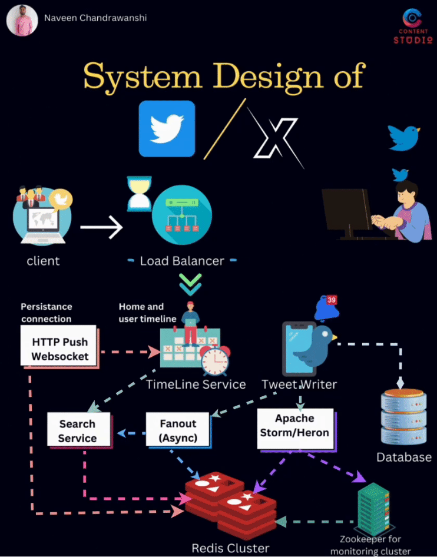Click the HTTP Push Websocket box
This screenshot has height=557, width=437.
[x=61, y=349]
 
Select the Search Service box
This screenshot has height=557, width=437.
[x=77, y=431]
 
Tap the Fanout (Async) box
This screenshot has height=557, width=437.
[x=178, y=431]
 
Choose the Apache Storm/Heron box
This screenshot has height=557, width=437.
[x=294, y=426]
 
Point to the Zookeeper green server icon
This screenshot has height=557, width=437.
[x=374, y=510]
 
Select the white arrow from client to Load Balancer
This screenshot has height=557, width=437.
[x=101, y=227]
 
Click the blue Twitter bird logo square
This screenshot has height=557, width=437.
[x=167, y=129]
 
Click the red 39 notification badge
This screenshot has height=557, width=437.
[x=332, y=300]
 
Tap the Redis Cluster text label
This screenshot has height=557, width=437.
[x=230, y=548]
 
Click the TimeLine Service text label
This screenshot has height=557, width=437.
[x=196, y=384]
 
